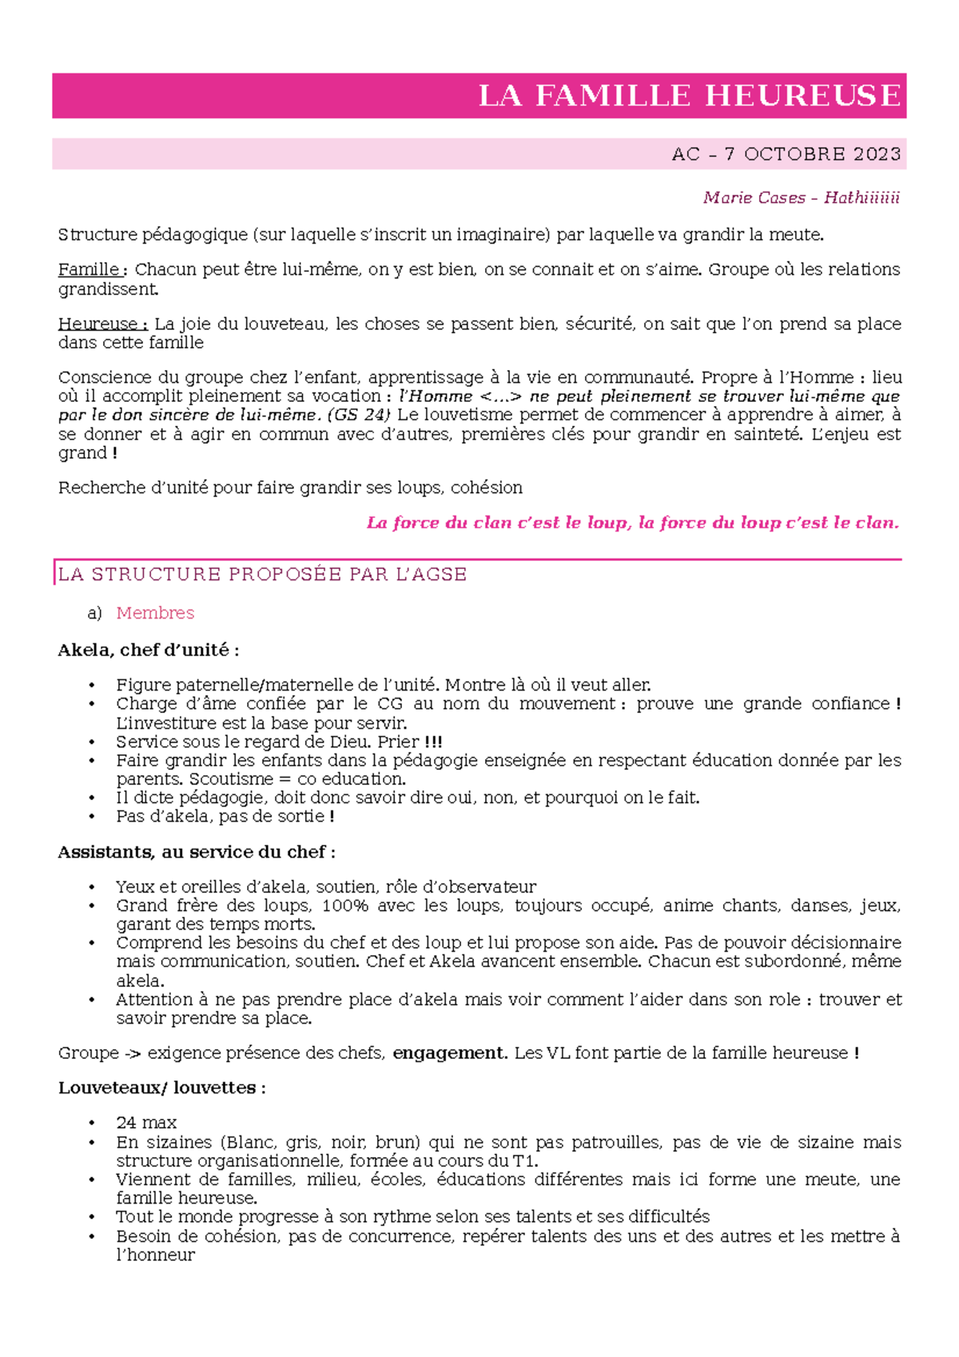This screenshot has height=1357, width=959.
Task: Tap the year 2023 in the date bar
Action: click(876, 154)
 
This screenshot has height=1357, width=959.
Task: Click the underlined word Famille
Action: click(89, 269)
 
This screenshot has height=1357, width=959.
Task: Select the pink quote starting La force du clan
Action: click(632, 523)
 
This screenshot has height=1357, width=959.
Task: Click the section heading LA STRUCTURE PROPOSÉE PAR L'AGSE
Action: click(262, 575)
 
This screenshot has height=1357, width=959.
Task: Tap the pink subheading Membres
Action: click(155, 613)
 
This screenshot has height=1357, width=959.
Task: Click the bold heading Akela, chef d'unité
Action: click(148, 650)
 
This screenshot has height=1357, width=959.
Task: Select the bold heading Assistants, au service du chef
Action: click(196, 852)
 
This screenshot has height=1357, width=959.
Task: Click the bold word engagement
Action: click(449, 1053)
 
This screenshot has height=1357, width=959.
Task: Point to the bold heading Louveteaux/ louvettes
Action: click(161, 1088)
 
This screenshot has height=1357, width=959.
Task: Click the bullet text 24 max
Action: click(146, 1123)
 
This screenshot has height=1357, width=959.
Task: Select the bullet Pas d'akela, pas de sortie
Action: click(224, 816)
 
